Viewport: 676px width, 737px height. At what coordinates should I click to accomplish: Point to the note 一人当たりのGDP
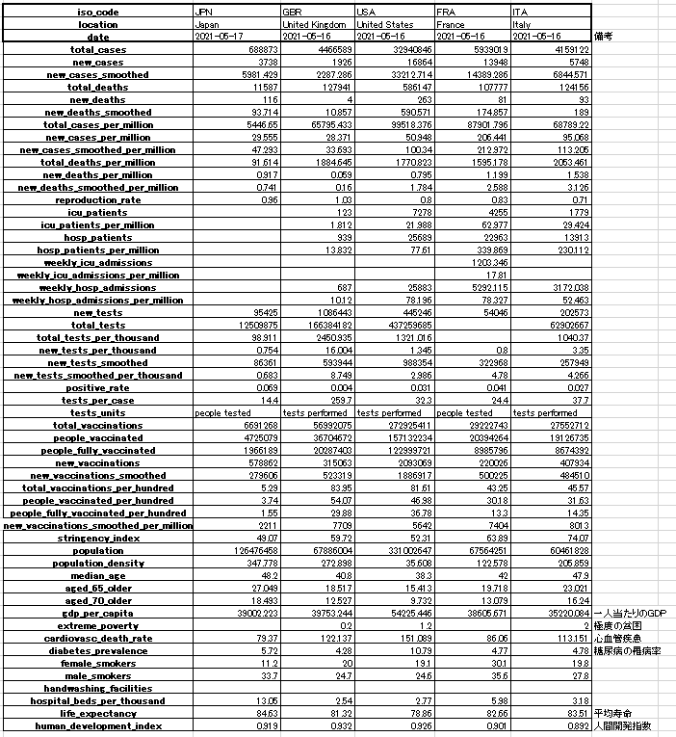tap(628, 613)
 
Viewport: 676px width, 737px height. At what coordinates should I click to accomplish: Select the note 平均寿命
tap(612, 713)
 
